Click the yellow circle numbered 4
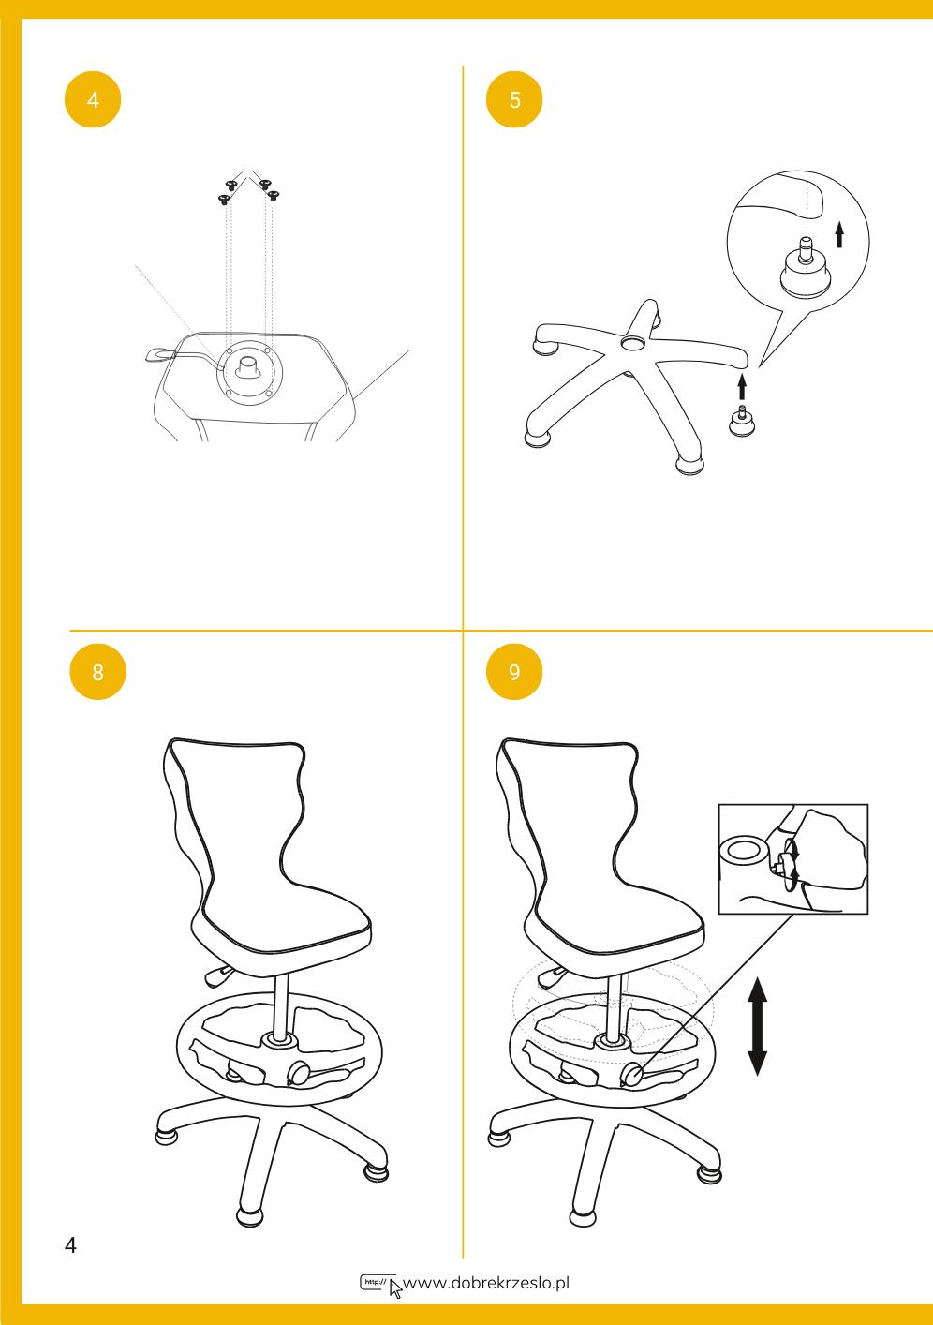click(x=93, y=99)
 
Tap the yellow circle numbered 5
click(x=514, y=99)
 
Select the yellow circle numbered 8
click(x=98, y=671)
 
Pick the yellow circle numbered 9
click(x=514, y=671)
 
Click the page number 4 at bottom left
click(x=70, y=1245)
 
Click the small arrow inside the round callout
click(x=839, y=234)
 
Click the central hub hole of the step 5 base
click(x=634, y=342)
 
